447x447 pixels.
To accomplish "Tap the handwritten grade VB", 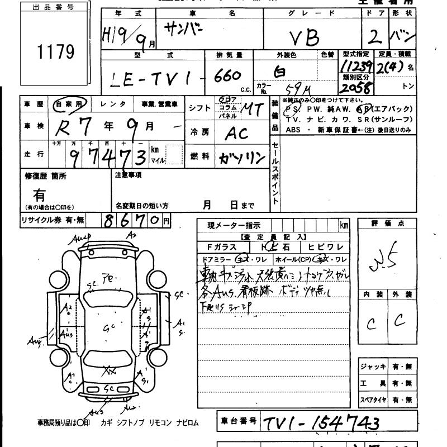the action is point(305,37).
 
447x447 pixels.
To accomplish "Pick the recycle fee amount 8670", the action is point(132,220).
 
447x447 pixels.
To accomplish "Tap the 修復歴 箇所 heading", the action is point(45,175).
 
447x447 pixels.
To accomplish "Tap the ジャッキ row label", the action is point(373,367).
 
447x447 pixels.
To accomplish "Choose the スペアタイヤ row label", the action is point(373,400).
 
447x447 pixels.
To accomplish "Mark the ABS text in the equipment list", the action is point(293,130).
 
